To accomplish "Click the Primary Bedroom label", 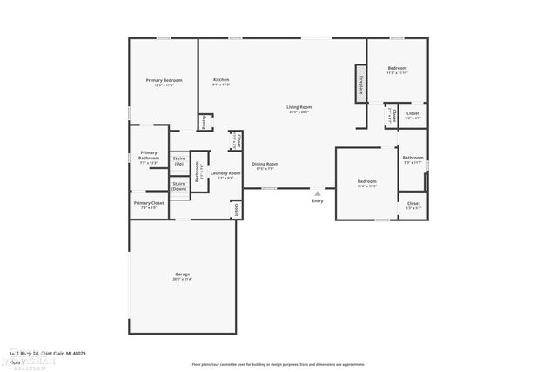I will pyautogui.click(x=163, y=80).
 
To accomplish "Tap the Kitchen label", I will pyautogui.click(x=221, y=80).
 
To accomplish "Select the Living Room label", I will pyautogui.click(x=299, y=107).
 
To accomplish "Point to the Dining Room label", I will pyautogui.click(x=265, y=164).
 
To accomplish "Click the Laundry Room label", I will pyautogui.click(x=225, y=172).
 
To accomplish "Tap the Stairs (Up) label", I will pyautogui.click(x=178, y=161).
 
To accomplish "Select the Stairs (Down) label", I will pyautogui.click(x=178, y=186).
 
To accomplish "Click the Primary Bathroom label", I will pyautogui.click(x=149, y=155).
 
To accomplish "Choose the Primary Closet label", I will pyautogui.click(x=149, y=203).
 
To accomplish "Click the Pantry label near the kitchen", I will pyautogui.click(x=204, y=122).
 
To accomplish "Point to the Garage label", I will pyautogui.click(x=182, y=274).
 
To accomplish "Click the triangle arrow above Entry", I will pyautogui.click(x=317, y=193).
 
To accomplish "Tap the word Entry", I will pyautogui.click(x=317, y=201).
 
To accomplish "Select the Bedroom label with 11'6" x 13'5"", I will pyautogui.click(x=366, y=181).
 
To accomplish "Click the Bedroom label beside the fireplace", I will pyautogui.click(x=397, y=68).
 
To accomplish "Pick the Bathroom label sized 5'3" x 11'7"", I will pyautogui.click(x=413, y=158).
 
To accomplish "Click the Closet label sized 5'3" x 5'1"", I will pyautogui.click(x=413, y=203).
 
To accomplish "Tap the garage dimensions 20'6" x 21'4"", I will pyautogui.click(x=182, y=280).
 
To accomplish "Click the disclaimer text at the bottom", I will pyautogui.click(x=278, y=363).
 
